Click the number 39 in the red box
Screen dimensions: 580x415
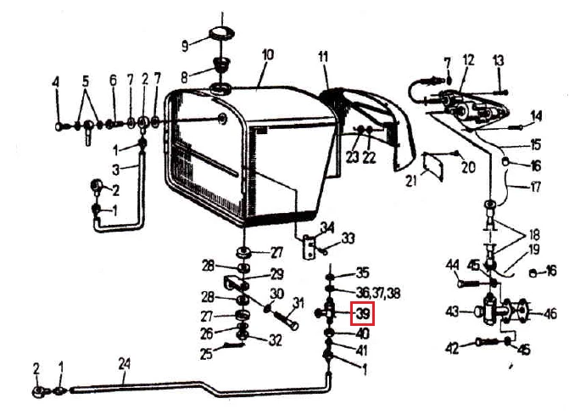tap(363, 314)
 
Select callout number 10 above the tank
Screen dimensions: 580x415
tap(267, 55)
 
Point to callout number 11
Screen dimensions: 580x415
tap(323, 57)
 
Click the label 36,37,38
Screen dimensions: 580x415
tap(377, 293)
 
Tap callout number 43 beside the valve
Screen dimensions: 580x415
tap(453, 311)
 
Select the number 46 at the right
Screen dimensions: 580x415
tap(550, 313)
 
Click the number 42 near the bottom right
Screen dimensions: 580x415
tap(453, 348)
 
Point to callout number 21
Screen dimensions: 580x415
tap(411, 181)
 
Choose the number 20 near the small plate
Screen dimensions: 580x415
tap(468, 167)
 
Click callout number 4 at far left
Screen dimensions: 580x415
tap(56, 81)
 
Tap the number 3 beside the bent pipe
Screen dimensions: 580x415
tap(116, 170)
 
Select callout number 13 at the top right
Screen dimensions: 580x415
tap(499, 60)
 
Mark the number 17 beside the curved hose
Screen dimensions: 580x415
tap(535, 187)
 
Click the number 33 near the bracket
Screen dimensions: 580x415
tap(348, 238)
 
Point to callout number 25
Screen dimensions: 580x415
tap(206, 354)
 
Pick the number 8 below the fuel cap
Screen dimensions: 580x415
tap(184, 78)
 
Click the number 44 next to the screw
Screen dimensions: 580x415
tap(453, 265)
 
